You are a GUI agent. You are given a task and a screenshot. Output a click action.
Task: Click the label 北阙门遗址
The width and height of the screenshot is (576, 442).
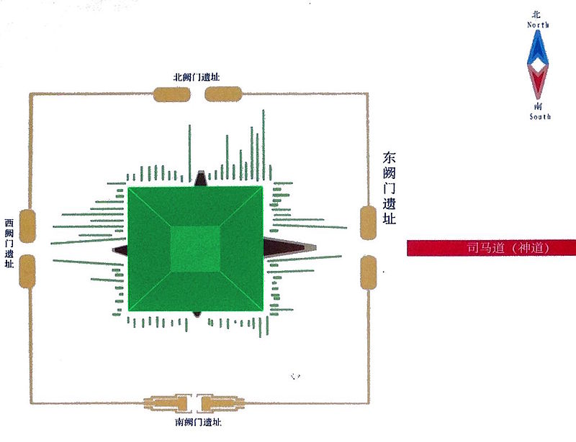pyautogui.click(x=197, y=77)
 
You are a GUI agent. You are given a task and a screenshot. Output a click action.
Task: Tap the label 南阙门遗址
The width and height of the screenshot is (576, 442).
pyautogui.click(x=198, y=422)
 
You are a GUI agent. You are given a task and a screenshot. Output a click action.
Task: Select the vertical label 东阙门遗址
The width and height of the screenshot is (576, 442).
pyautogui.click(x=390, y=188)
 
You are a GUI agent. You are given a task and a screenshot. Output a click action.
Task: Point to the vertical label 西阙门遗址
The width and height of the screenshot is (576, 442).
pyautogui.click(x=9, y=243)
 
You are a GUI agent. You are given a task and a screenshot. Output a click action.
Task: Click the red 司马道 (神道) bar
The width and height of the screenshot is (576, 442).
pyautogui.click(x=492, y=248)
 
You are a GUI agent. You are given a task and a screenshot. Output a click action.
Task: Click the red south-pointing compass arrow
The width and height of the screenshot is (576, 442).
pyautogui.click(x=538, y=80)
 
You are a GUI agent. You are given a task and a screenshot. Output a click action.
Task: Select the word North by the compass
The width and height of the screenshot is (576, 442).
pyautogui.click(x=538, y=25)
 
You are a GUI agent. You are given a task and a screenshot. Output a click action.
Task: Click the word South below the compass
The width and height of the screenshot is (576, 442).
pyautogui.click(x=540, y=116)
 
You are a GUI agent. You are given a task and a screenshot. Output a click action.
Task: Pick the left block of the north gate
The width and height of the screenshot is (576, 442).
pyautogui.click(x=172, y=94)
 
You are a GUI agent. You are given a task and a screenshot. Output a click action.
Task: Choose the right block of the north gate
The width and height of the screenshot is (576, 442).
pyautogui.click(x=223, y=94)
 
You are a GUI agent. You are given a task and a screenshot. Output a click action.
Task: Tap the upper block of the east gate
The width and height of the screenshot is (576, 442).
pyautogui.click(x=368, y=223)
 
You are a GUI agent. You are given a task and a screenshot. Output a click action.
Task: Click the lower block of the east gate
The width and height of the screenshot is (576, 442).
pyautogui.click(x=368, y=272)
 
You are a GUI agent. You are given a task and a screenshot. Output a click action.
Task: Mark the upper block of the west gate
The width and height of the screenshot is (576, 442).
pyautogui.click(x=27, y=226)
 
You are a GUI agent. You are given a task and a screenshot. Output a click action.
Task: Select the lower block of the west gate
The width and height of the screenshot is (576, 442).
pyautogui.click(x=27, y=272)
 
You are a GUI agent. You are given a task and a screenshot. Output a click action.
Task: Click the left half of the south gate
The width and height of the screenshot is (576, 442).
pyautogui.click(x=168, y=403)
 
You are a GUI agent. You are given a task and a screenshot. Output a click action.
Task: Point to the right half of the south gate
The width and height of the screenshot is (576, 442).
pyautogui.click(x=221, y=403)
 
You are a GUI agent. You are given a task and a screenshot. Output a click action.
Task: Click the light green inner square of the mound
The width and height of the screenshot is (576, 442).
pyautogui.click(x=195, y=249)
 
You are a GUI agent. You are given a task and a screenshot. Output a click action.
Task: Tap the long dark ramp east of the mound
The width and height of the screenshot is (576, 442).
pyautogui.click(x=290, y=247)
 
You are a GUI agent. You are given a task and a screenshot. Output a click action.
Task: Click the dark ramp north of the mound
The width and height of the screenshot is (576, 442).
pyautogui.click(x=201, y=179)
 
